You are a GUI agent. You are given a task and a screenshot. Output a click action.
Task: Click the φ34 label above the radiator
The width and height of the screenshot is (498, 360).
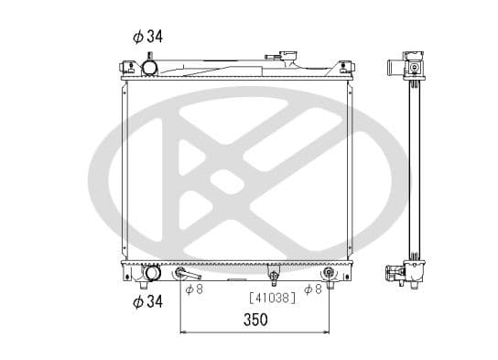147,37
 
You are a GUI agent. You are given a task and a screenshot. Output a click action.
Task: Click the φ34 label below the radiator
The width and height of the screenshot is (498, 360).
147,301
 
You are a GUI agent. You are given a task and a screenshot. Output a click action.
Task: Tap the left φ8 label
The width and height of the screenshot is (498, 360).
194,289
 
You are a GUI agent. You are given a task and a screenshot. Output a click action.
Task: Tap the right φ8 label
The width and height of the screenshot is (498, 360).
313,289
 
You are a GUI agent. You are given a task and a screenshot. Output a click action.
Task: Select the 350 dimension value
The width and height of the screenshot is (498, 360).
255,320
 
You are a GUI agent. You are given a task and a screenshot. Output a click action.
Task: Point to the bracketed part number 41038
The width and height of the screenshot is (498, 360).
273,298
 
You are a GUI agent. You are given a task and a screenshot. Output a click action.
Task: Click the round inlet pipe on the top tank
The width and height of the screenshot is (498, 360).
149,68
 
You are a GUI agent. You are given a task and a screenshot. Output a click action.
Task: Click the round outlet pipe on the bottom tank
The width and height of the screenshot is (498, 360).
152,273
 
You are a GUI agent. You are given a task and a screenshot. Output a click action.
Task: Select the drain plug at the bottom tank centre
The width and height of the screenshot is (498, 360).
274,275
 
